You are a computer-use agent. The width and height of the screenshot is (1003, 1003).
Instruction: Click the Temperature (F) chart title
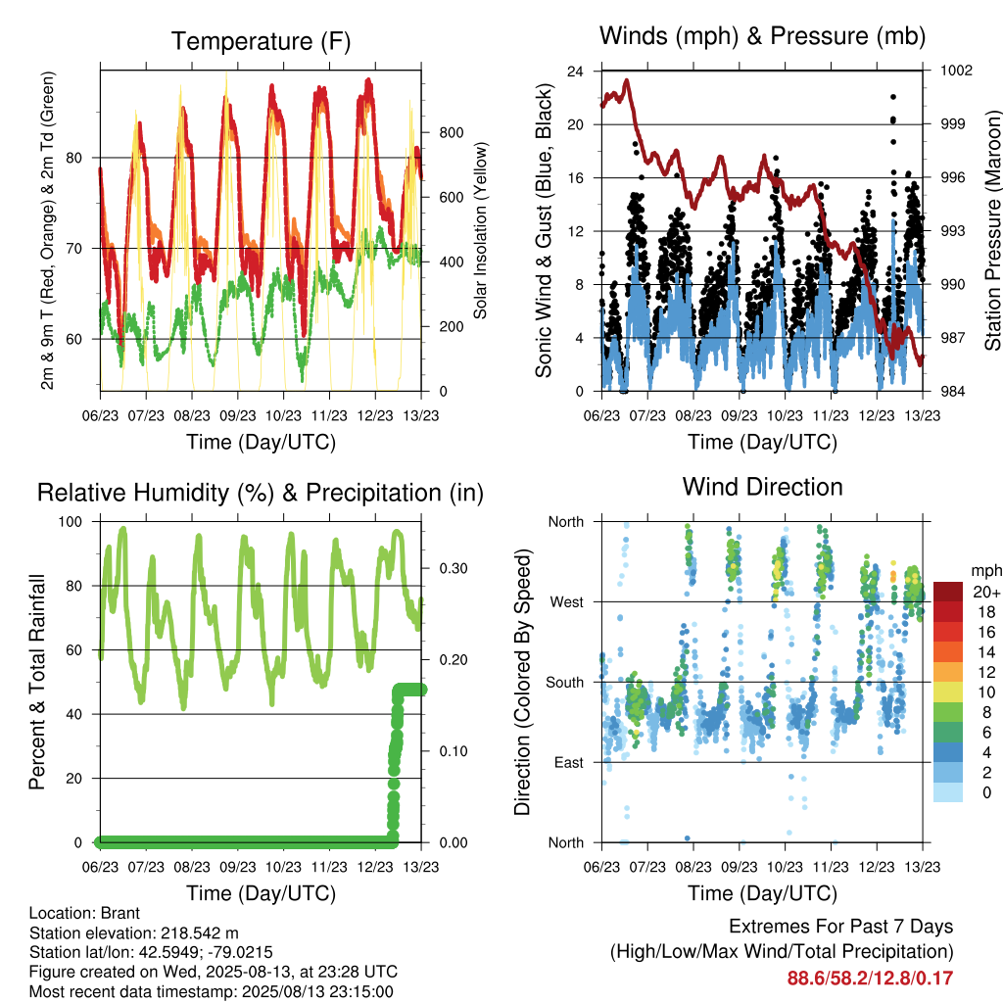pyautogui.click(x=261, y=41)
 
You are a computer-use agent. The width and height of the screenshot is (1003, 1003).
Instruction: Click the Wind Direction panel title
pyautogui.click(x=762, y=487)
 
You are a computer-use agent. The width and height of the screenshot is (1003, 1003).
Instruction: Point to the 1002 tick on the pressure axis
pyautogui.click(x=956, y=71)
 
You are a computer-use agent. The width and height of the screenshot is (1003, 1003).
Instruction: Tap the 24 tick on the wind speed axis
pyautogui.click(x=575, y=71)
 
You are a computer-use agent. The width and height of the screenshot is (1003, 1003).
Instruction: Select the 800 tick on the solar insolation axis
pyautogui.click(x=451, y=133)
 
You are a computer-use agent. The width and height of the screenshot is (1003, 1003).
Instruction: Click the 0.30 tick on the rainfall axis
pyautogui.click(x=453, y=569)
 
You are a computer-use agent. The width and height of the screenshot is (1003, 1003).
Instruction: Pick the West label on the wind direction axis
pyautogui.click(x=566, y=602)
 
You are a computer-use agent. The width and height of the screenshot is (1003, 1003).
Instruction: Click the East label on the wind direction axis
pyautogui.click(x=569, y=762)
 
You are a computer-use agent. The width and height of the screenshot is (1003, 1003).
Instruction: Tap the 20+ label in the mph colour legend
pyautogui.click(x=985, y=593)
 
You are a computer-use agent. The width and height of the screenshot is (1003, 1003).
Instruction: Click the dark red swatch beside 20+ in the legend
pyautogui.click(x=948, y=592)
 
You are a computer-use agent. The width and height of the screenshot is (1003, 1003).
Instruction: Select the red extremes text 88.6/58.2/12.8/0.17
pyautogui.click(x=870, y=979)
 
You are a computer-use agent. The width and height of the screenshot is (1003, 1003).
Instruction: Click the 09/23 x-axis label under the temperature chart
pyautogui.click(x=237, y=415)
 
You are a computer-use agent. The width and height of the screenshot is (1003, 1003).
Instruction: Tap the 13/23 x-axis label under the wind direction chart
pyautogui.click(x=923, y=867)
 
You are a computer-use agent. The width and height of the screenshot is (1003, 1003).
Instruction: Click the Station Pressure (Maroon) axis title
pyautogui.click(x=992, y=230)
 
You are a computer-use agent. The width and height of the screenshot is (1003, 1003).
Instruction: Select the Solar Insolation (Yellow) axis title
pyautogui.click(x=480, y=230)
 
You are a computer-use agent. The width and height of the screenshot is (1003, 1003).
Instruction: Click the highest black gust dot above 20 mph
pyautogui.click(x=893, y=97)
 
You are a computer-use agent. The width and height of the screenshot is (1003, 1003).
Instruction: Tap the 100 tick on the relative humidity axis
pyautogui.click(x=71, y=522)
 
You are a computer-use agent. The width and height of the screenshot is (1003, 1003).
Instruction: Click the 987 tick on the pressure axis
pyautogui.click(x=952, y=338)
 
